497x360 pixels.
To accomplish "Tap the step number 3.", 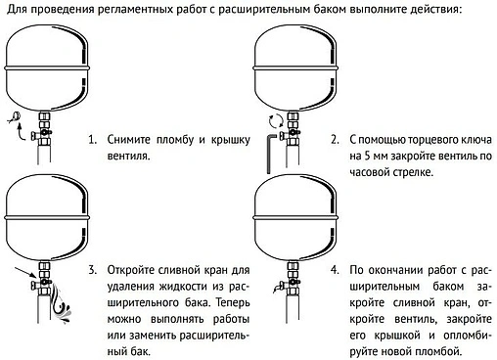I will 93,269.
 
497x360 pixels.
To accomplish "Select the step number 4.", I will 334,269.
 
